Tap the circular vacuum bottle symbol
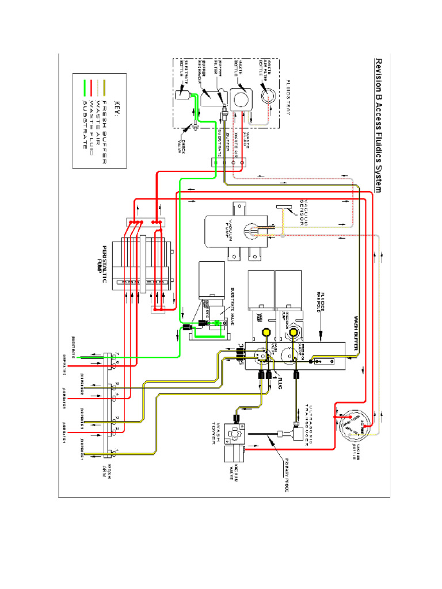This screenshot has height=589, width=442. [x=349, y=428]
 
